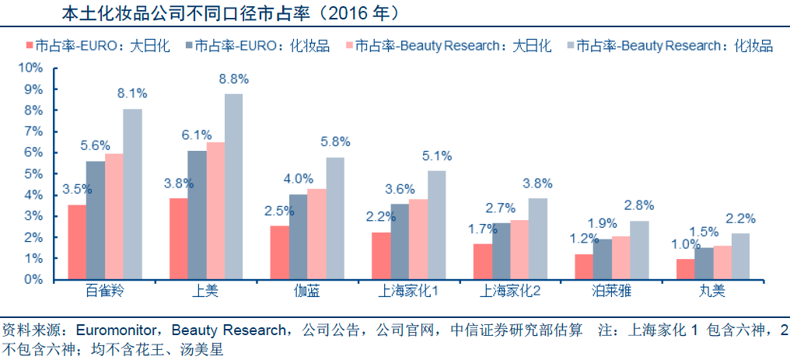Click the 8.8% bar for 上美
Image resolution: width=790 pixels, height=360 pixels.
[x=233, y=187]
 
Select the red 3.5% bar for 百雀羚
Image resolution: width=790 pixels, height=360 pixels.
[x=77, y=242]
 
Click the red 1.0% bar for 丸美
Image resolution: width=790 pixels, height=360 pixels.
[x=685, y=269]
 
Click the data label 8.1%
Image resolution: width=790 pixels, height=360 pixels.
[x=132, y=93]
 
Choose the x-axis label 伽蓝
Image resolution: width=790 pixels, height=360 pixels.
[x=307, y=292]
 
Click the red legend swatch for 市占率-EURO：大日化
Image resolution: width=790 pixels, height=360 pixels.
[x=29, y=46]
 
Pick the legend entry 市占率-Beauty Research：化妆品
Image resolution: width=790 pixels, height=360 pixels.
[x=673, y=46]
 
